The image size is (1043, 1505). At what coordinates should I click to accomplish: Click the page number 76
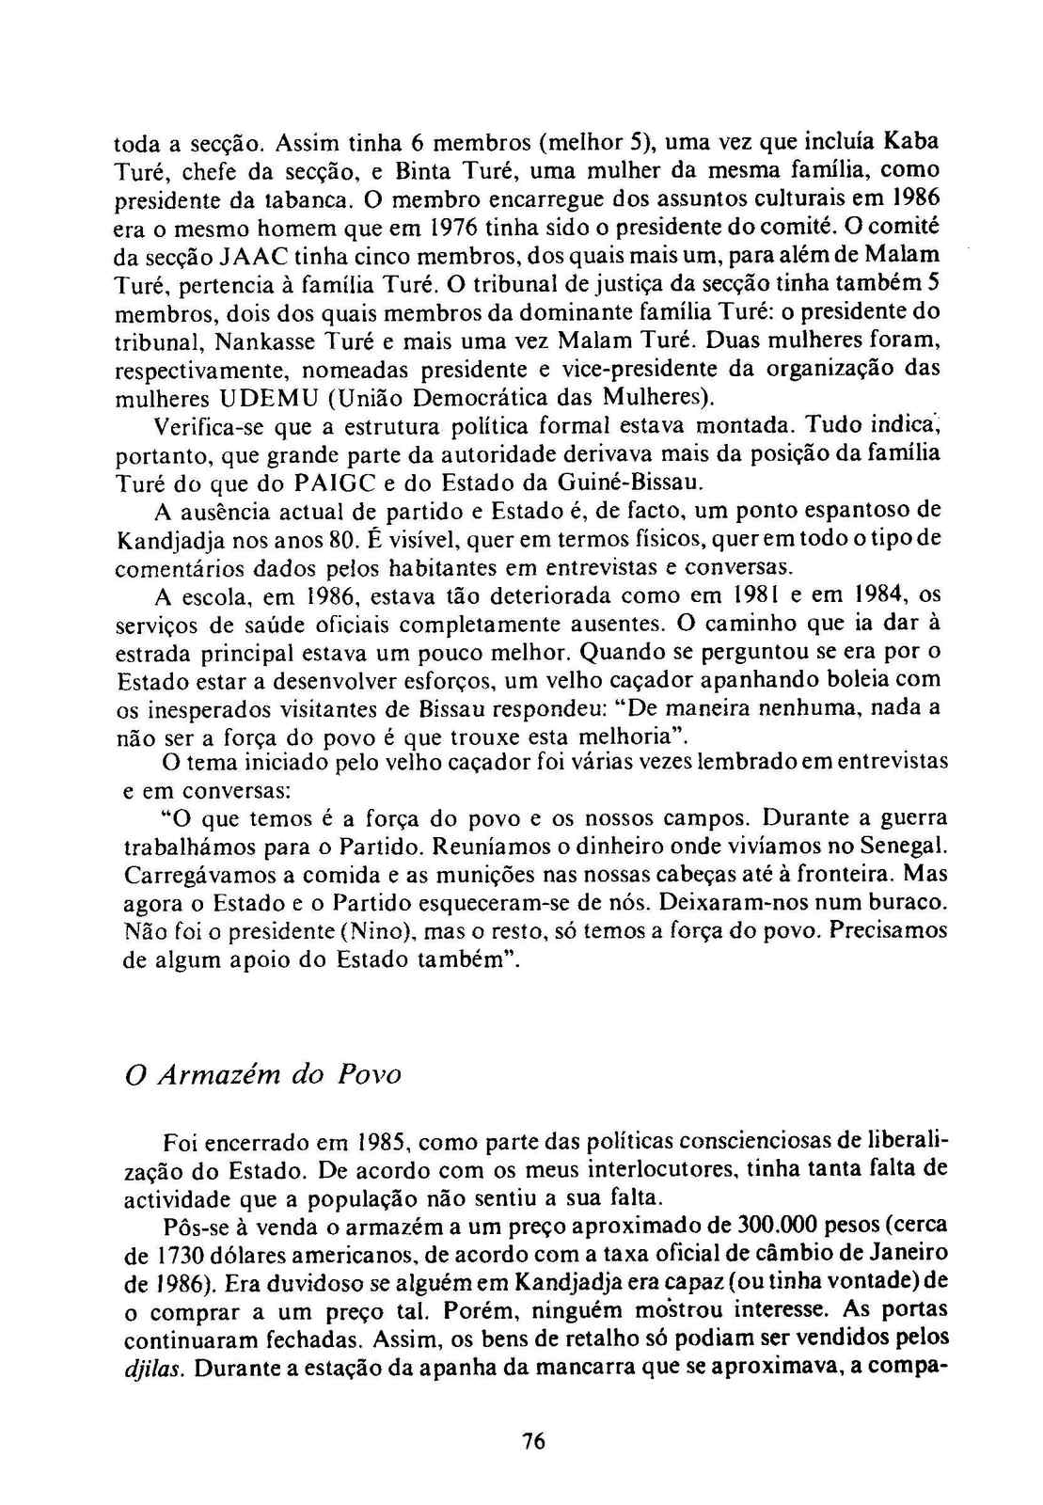(x=532, y=1441)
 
